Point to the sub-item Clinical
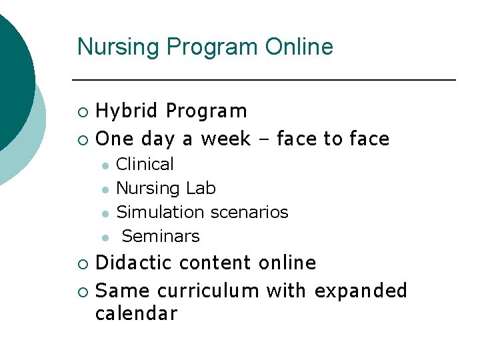tap(145, 164)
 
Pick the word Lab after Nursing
tap(201, 189)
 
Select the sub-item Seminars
tap(161, 237)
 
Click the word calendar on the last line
tap(136, 314)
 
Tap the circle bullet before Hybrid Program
tap(82, 111)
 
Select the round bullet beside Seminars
tap(105, 237)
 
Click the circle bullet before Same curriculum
tap(82, 292)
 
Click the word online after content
tap(287, 263)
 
